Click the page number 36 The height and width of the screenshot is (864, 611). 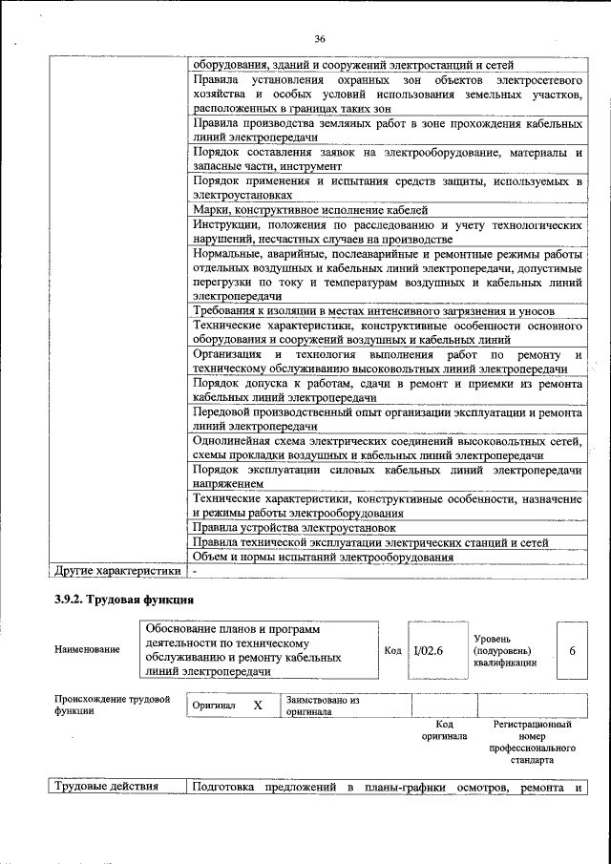pyautogui.click(x=319, y=38)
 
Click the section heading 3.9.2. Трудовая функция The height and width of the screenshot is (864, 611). pyautogui.click(x=124, y=600)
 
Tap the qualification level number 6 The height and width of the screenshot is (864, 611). pyautogui.click(x=572, y=650)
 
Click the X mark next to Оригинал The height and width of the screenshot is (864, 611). pyautogui.click(x=257, y=706)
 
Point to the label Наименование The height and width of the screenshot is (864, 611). pyautogui.click(x=88, y=650)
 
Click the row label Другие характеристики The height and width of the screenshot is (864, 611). pyautogui.click(x=116, y=571)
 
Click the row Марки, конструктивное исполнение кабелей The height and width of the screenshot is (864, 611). pyautogui.click(x=310, y=209)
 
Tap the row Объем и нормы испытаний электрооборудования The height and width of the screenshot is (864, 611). pyautogui.click(x=322, y=557)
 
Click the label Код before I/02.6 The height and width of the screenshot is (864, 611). pyautogui.click(x=392, y=650)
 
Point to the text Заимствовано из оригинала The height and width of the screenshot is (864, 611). pyautogui.click(x=322, y=706)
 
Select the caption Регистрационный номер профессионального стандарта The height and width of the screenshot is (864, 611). pyautogui.click(x=532, y=744)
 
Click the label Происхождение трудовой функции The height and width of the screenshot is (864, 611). pyautogui.click(x=112, y=705)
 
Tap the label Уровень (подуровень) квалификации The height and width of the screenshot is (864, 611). pyautogui.click(x=504, y=650)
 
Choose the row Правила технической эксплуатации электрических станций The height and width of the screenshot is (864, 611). pyautogui.click(x=370, y=542)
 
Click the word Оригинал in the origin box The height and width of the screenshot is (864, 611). pyautogui.click(x=213, y=706)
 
